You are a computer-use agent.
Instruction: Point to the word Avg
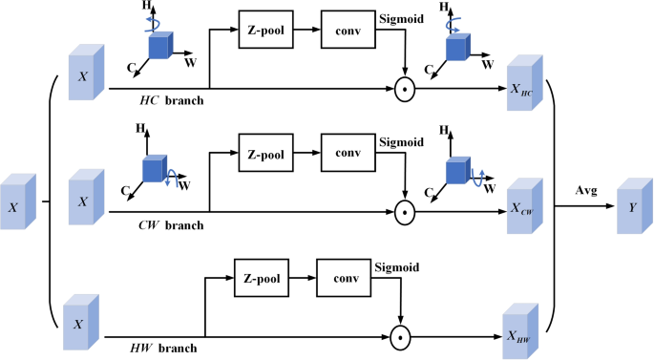point(585,190)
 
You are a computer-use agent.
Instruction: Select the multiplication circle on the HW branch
point(401,335)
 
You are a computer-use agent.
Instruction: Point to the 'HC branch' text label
point(169,100)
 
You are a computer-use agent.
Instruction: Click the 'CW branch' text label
point(171,224)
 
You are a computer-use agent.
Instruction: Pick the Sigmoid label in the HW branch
point(395,266)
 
